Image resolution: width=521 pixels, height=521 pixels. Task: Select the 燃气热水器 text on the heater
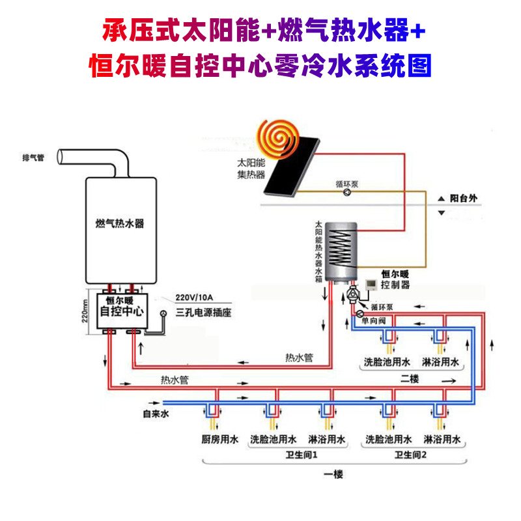[x=119, y=223]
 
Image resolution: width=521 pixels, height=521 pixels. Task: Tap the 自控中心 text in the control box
[x=123, y=311]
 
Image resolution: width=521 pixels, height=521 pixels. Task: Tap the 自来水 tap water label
[x=156, y=413]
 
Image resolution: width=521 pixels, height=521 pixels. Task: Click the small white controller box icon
[x=371, y=285]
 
